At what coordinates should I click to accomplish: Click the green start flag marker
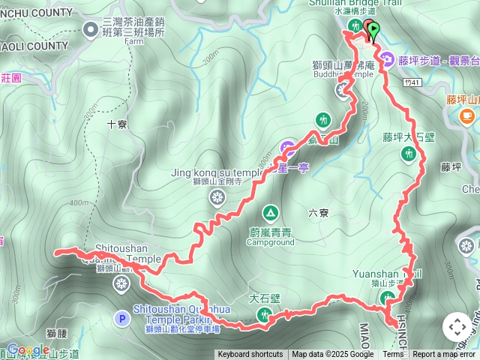(373, 28)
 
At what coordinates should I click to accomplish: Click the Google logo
(28, 350)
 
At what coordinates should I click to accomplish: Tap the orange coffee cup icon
(468, 116)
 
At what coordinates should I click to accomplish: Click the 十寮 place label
(116, 125)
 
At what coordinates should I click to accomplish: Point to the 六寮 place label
(318, 213)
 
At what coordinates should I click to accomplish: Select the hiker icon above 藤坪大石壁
(408, 154)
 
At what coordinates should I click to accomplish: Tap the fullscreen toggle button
(457, 327)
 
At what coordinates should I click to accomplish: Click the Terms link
(393, 355)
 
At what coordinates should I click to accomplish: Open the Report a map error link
(444, 355)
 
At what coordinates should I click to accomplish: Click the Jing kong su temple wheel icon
(217, 197)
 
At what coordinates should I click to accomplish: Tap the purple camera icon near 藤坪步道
(387, 60)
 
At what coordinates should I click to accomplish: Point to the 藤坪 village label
(451, 167)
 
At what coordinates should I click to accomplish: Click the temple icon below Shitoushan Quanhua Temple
(121, 283)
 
